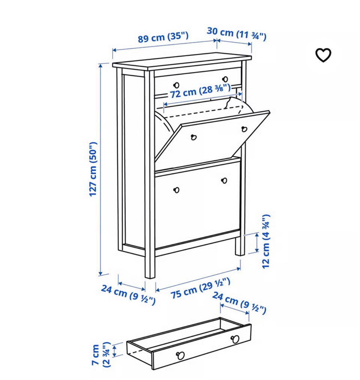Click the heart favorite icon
[x=323, y=55]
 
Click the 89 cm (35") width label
[x=163, y=37]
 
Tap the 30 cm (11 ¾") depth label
[x=237, y=34]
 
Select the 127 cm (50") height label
[x=93, y=169]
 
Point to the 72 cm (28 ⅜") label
[x=200, y=91]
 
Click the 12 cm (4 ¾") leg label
[x=266, y=241]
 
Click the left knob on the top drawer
[x=176, y=85]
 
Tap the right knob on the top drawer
[x=225, y=79]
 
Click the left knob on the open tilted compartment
[x=193, y=137]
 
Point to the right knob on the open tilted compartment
[x=244, y=129]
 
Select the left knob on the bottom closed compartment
[x=176, y=190]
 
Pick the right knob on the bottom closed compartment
[x=224, y=181]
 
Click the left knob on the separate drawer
[x=180, y=355]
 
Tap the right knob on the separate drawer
[x=235, y=339]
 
